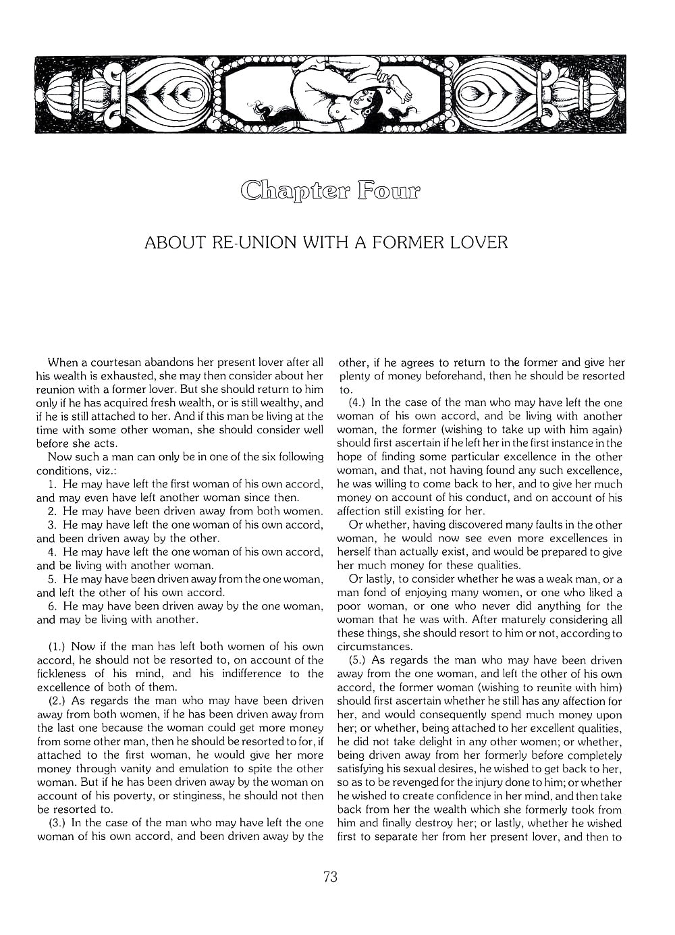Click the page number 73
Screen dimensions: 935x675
tap(330, 877)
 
